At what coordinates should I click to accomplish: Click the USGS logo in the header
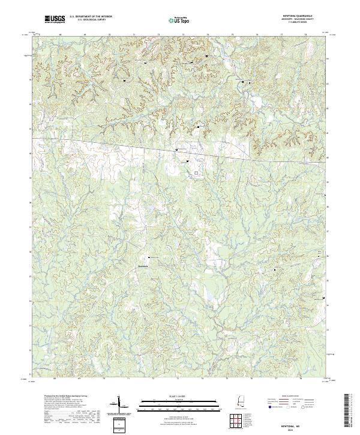pos(55,19)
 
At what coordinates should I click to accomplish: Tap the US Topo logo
pos(176,20)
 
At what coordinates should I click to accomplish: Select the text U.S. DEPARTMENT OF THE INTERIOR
pos(91,17)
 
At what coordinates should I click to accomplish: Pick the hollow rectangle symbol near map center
pos(196,173)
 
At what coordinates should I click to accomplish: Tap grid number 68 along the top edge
pos(61,35)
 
